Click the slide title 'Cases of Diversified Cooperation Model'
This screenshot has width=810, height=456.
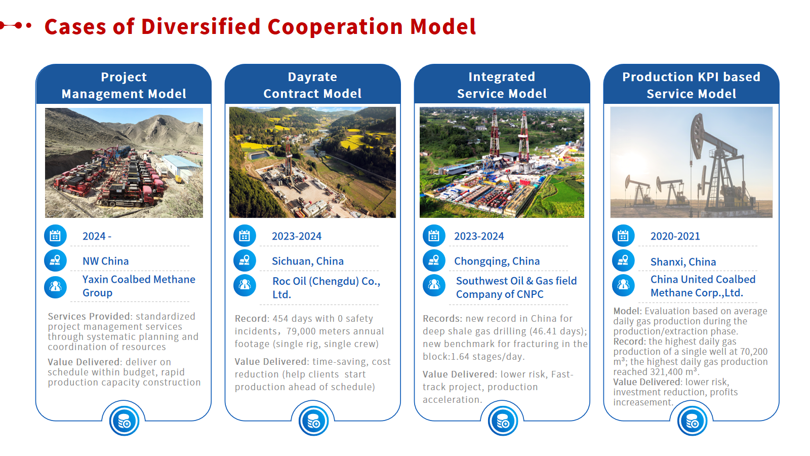coord(260,26)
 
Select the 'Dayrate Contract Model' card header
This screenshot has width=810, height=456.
coord(312,85)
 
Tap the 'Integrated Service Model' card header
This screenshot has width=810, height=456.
coord(502,85)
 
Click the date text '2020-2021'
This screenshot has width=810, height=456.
coord(675,236)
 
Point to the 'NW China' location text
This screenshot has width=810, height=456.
coord(106,261)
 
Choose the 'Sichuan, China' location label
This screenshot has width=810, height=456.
coord(308,261)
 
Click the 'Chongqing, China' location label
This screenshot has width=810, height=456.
coord(497,261)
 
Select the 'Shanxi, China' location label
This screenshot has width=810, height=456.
coord(683,261)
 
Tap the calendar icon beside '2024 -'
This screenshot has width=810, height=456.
coord(55,236)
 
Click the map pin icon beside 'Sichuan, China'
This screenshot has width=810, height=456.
coord(245,260)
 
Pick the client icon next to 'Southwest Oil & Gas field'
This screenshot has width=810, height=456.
coord(434,285)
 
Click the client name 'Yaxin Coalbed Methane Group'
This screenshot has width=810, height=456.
coord(139,286)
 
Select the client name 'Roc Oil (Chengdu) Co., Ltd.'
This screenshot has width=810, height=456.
coord(326,288)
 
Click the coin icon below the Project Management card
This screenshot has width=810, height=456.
coord(124,421)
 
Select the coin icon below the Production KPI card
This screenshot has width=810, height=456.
coord(692,421)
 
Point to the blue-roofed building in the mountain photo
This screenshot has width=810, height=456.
coord(181,167)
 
